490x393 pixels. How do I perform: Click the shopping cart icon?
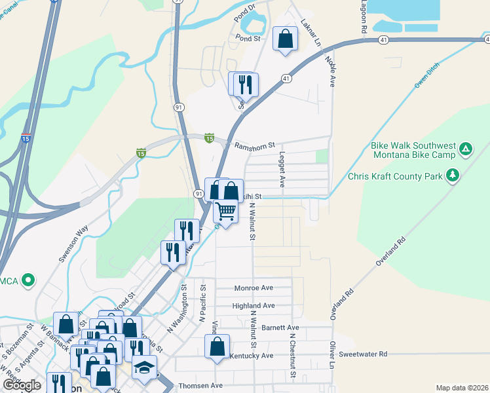tap(225, 212)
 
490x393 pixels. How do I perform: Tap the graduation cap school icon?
tap(144, 368)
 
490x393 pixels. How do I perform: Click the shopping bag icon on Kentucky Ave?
tap(217, 346)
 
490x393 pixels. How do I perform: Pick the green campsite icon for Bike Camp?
tap(465, 149)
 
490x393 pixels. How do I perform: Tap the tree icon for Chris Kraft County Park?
tap(452, 175)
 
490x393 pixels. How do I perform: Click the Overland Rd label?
tap(392, 250)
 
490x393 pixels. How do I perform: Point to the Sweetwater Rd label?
tap(364, 354)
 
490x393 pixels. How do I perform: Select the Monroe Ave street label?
tap(254, 288)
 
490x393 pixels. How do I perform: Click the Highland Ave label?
tap(254, 306)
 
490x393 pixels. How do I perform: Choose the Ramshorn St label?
tap(255, 147)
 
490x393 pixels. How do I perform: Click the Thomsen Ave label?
tap(201, 386)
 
